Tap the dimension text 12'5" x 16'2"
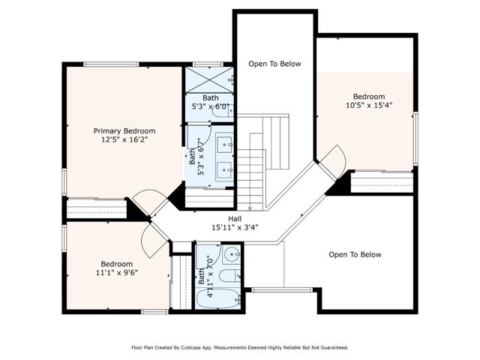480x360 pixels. (x=124, y=140)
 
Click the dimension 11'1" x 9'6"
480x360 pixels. (x=117, y=273)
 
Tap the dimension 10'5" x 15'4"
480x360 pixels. (x=369, y=106)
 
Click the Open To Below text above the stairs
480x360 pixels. (x=274, y=64)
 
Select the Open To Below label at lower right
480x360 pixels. (x=355, y=255)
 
